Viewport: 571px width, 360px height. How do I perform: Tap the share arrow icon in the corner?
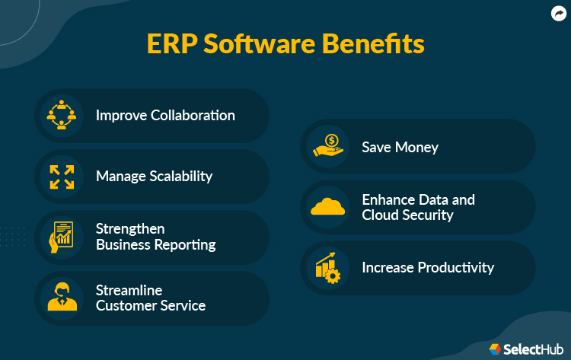(558, 13)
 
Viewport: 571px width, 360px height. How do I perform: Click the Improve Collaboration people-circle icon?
(62, 116)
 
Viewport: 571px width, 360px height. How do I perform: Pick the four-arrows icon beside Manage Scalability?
(62, 177)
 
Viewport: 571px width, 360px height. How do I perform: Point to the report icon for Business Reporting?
(62, 237)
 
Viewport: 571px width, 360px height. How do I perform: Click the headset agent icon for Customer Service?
(62, 298)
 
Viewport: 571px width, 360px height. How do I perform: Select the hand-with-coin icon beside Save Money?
(328, 146)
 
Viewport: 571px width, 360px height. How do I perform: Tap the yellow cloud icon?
(328, 207)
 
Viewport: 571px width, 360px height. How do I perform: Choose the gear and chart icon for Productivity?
(328, 268)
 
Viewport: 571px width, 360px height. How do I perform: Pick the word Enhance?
(388, 200)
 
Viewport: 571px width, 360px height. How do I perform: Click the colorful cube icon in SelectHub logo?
(496, 349)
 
